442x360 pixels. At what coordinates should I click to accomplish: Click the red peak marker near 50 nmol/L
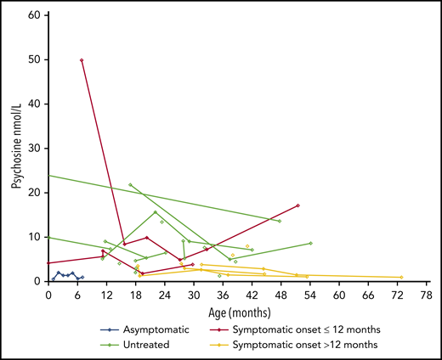click(x=82, y=60)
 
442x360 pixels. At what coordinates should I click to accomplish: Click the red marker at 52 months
click(x=298, y=205)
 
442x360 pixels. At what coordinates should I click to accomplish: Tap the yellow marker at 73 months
click(x=401, y=277)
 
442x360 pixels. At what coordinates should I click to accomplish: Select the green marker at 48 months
click(x=280, y=221)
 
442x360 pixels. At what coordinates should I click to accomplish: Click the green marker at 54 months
click(x=310, y=243)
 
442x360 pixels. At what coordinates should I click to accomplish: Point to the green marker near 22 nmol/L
click(x=130, y=184)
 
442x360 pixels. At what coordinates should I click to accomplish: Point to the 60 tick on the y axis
click(x=37, y=16)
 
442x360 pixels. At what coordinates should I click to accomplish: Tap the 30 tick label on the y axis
click(x=37, y=149)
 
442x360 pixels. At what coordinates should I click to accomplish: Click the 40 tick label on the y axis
click(x=37, y=104)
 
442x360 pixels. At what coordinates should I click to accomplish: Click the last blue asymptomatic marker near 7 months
click(x=82, y=277)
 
